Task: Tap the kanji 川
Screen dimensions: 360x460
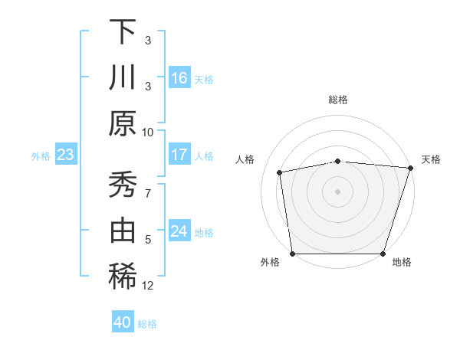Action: click(x=123, y=78)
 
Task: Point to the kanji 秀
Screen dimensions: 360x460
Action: click(x=123, y=184)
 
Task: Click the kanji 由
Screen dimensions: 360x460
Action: click(x=123, y=231)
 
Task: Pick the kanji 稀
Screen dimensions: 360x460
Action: click(x=123, y=277)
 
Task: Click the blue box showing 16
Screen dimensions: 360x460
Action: click(x=179, y=78)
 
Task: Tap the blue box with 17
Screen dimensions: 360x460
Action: click(x=179, y=155)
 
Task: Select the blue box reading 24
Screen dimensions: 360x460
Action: click(x=179, y=231)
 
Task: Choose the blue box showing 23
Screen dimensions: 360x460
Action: click(x=66, y=155)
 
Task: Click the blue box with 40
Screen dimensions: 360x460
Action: click(x=123, y=322)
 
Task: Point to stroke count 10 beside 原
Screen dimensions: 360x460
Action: click(x=148, y=132)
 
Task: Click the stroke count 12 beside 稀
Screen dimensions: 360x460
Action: click(x=148, y=286)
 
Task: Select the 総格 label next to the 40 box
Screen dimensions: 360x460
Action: click(x=147, y=324)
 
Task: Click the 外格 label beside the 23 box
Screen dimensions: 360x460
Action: click(x=41, y=156)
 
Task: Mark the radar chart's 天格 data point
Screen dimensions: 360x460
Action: click(x=410, y=168)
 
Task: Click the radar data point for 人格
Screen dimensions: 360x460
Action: click(x=280, y=172)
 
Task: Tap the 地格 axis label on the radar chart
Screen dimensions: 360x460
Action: click(x=402, y=263)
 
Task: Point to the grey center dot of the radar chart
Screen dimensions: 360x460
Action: click(x=337, y=191)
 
